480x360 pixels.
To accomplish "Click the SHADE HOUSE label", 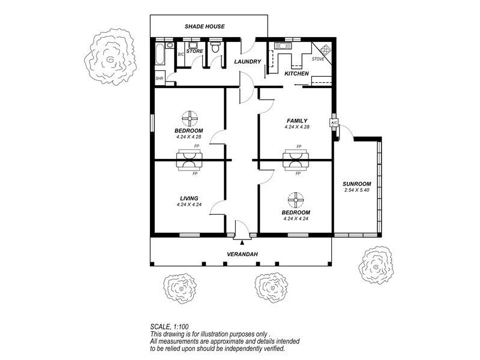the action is (205, 26).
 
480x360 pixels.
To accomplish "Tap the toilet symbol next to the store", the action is (215, 47).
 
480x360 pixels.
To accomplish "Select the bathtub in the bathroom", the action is (160, 55).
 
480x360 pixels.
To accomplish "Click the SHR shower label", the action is (159, 79).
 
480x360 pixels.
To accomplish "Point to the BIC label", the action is (181, 55).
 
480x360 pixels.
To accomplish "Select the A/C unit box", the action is (334, 123).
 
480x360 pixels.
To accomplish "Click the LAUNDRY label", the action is (248, 62).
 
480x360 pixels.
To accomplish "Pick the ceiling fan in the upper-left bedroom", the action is (190, 118).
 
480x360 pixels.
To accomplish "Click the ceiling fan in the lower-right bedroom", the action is (296, 200).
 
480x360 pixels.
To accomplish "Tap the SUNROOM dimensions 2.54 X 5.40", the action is (356, 190).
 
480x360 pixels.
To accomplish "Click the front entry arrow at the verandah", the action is (242, 243).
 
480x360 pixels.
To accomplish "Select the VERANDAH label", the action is (242, 254).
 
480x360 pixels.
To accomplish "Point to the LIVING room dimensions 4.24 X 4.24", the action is (189, 205).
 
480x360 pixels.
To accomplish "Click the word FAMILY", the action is (297, 121).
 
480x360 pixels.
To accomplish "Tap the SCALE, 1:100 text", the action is (169, 326).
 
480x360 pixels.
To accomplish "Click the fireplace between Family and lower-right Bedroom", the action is (295, 160).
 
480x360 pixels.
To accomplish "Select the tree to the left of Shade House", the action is (110, 56).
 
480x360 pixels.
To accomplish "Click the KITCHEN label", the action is (296, 74).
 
